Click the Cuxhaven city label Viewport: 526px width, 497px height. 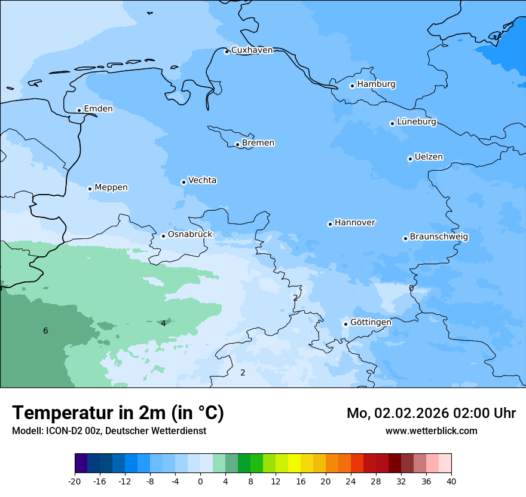pyautogui.click(x=252, y=50)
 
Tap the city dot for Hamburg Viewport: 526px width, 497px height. pyautogui.click(x=352, y=86)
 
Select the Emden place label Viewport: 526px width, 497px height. pyautogui.click(x=98, y=109)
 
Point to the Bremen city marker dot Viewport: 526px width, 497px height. pyautogui.click(x=237, y=144)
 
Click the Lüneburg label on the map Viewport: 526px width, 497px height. pyautogui.click(x=416, y=122)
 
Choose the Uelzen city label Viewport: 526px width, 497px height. pyautogui.click(x=429, y=157)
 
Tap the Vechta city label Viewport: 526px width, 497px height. pyautogui.click(x=202, y=181)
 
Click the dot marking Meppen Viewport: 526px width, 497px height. pyautogui.click(x=90, y=189)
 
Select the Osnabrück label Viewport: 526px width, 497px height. pyautogui.click(x=189, y=235)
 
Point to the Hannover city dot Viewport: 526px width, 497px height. pyautogui.click(x=330, y=224)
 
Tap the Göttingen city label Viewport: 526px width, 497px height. pyautogui.click(x=371, y=323)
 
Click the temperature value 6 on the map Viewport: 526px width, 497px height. pyautogui.click(x=45, y=331)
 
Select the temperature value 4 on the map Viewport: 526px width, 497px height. pyautogui.click(x=163, y=324)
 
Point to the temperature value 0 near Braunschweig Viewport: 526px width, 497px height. pyautogui.click(x=411, y=289)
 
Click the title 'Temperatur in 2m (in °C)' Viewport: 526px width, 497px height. pyautogui.click(x=118, y=413)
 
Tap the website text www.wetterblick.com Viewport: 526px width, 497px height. pyautogui.click(x=431, y=431)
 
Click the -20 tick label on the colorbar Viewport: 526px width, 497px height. pyautogui.click(x=75, y=481)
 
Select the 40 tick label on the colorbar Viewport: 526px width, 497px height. pyautogui.click(x=451, y=481)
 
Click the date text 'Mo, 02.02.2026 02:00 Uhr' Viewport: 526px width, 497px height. pyautogui.click(x=431, y=414)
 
